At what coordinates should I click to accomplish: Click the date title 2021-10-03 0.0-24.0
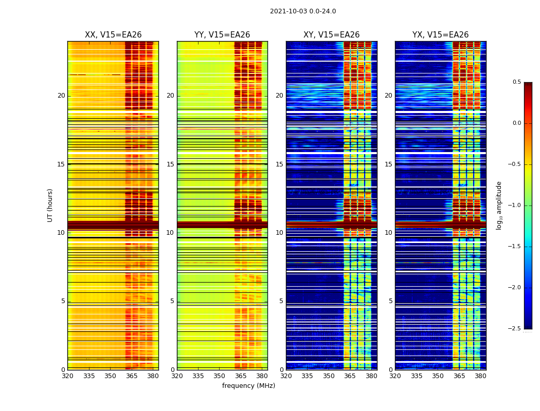[303, 11]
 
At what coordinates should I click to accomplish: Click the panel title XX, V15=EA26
[113, 35]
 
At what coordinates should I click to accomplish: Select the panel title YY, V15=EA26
[222, 35]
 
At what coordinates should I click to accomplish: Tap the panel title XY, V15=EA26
[331, 35]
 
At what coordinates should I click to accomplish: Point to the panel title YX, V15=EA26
[440, 35]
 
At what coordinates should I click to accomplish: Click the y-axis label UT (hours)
[50, 205]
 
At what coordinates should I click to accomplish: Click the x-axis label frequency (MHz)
[248, 386]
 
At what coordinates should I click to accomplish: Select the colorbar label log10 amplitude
[499, 205]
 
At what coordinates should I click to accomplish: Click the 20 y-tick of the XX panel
[61, 96]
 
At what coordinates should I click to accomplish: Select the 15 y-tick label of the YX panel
[389, 164]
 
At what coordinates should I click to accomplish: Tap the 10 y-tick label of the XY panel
[279, 233]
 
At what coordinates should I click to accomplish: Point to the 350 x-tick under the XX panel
[110, 376]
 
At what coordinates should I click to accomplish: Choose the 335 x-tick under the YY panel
[198, 376]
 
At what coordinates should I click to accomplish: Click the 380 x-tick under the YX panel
[480, 376]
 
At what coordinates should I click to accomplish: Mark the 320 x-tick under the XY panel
[286, 376]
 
